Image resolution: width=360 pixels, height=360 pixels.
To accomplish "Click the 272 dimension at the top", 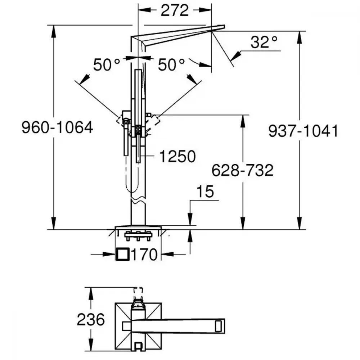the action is (175, 10).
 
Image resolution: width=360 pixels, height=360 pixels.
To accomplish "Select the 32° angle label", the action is (264, 42).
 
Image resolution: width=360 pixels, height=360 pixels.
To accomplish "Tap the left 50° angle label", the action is (107, 64).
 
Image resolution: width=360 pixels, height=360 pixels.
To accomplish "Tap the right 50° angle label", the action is (171, 64).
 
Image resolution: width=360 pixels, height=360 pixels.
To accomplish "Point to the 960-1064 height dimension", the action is (57, 127).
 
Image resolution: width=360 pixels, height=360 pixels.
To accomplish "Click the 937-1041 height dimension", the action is (303, 131).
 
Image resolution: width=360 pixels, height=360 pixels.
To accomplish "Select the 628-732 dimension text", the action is (242, 170).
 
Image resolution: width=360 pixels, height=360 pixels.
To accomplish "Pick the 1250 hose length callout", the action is (177, 156).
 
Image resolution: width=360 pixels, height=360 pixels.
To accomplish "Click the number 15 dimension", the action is (205, 192).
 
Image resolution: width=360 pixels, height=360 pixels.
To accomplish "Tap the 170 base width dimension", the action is (144, 255).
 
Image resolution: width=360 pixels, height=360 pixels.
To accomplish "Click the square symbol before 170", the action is (122, 254).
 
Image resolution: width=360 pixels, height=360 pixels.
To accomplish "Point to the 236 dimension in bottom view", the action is (91, 319).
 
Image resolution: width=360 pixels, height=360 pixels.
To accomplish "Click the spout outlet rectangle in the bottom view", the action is (218, 326).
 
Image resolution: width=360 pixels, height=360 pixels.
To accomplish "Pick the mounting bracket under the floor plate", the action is (138, 236).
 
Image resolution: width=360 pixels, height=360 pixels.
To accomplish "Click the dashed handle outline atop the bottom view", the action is (138, 290).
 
